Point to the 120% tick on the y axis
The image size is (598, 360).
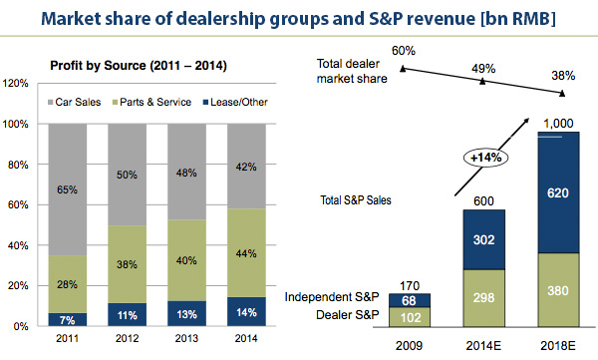tap(17, 83)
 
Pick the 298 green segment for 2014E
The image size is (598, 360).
tap(483, 298)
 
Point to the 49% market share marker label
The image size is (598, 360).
tap(483, 68)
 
